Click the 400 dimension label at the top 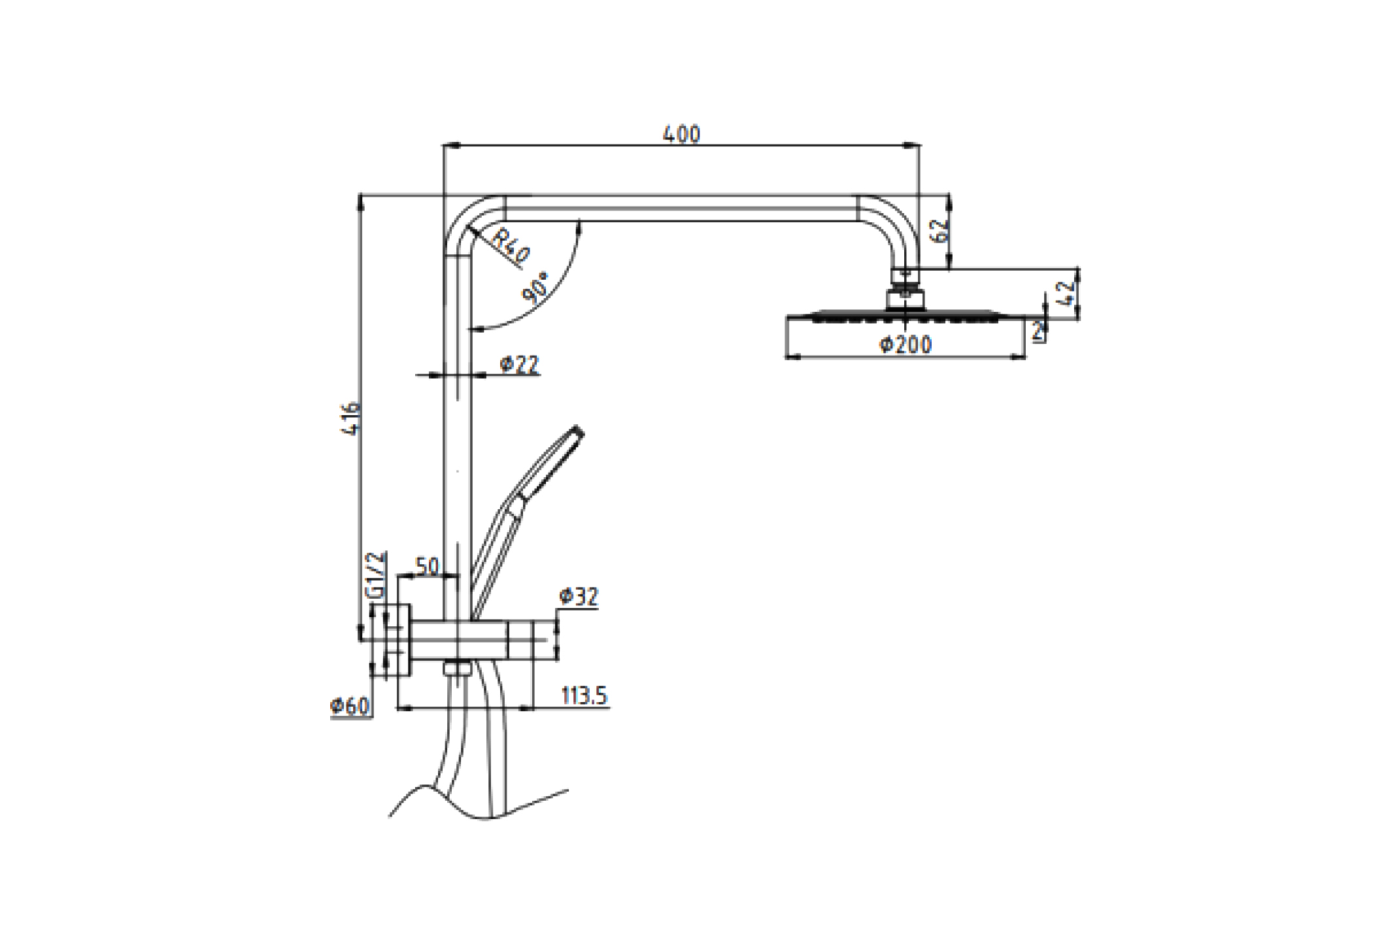click(x=681, y=134)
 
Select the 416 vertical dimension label click(x=352, y=418)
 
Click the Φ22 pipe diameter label click(x=520, y=364)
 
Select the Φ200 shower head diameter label click(x=905, y=345)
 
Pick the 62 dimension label click(x=939, y=231)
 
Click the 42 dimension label click(x=1066, y=293)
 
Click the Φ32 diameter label click(x=578, y=596)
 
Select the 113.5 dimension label click(x=584, y=696)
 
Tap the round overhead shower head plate click(x=905, y=318)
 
